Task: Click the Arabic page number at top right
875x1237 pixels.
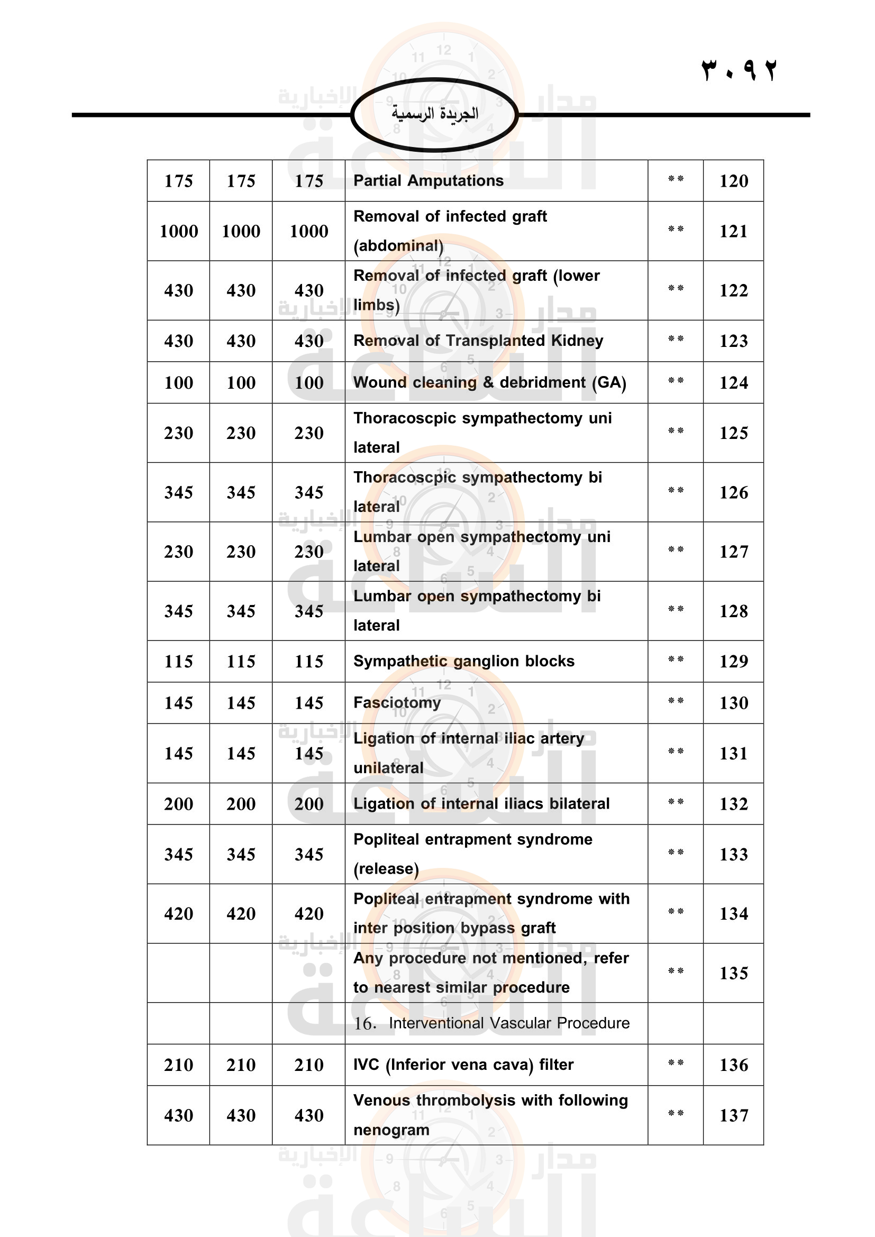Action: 739,70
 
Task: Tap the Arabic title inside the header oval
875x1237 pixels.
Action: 435,114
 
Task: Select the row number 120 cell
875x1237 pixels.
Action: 733,181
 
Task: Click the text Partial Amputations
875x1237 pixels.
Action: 429,180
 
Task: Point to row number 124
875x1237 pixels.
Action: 733,382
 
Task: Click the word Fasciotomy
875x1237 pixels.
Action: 397,702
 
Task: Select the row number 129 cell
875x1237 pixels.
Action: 733,661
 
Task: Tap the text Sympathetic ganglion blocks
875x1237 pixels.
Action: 464,661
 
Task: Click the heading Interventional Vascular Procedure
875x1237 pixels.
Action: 508,1023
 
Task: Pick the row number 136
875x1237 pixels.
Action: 733,1065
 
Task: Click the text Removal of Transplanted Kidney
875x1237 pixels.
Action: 478,341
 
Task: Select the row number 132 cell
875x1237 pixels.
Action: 733,804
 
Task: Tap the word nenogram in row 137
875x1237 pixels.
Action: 391,1130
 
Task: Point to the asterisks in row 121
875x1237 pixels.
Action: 676,229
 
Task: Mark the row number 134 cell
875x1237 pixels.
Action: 733,914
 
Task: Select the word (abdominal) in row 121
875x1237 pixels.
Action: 398,246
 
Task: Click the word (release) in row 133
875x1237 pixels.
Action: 386,869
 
